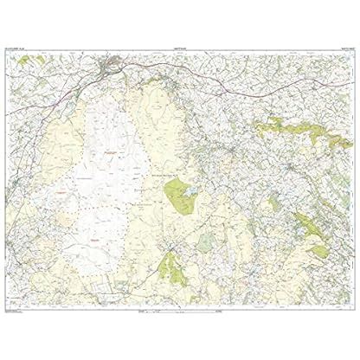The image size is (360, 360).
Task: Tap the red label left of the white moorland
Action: tap(61, 183)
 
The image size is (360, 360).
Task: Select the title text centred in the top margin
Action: tap(179, 50)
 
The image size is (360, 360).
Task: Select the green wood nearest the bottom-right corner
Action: tap(320, 251)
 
